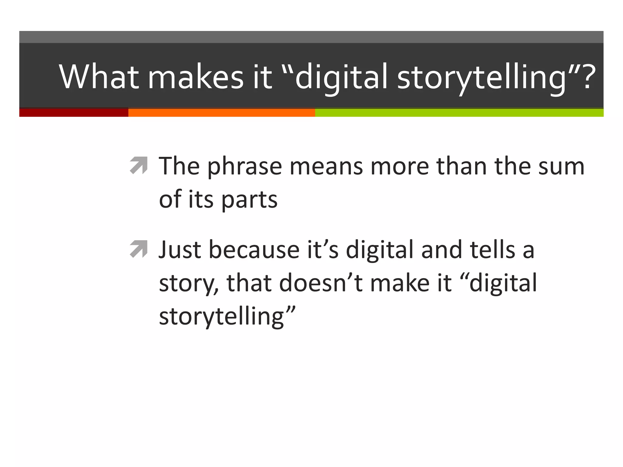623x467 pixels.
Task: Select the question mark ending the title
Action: (x=589, y=77)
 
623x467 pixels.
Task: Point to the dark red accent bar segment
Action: (x=74, y=112)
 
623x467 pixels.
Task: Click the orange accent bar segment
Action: (x=221, y=112)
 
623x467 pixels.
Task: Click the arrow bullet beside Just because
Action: (x=139, y=249)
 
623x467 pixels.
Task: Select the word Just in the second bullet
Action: (x=180, y=250)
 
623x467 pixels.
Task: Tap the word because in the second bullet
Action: (x=254, y=250)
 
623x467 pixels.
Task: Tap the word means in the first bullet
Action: (x=326, y=167)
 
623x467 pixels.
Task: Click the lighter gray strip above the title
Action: (x=311, y=37)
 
